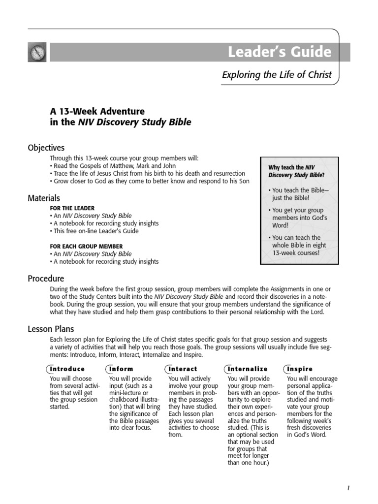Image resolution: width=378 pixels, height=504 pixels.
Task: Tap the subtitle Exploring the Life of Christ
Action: pos(277,75)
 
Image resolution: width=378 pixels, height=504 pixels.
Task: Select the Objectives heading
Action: pos(46,148)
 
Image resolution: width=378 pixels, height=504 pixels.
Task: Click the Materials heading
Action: pos(44,198)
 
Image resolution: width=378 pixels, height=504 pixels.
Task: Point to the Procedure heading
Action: pos(46,279)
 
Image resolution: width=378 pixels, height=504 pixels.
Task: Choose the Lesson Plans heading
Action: pos(51,329)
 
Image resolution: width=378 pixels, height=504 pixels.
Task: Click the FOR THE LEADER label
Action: pos(72,208)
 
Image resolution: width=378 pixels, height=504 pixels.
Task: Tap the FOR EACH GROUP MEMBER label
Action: pos(86,246)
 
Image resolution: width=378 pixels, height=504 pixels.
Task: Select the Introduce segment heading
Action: pos(67,369)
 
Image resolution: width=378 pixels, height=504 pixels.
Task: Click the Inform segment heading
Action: pos(121,369)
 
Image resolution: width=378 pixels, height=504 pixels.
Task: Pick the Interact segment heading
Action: pos(183,369)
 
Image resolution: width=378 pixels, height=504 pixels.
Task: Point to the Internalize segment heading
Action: pos(248,369)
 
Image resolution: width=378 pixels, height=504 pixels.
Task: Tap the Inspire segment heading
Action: pos(300,369)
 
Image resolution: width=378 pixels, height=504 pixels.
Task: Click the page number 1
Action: pos(348,488)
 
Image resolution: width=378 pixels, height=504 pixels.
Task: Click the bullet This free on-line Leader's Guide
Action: pos(94,231)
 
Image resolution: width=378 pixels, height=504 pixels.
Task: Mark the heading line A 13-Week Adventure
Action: pos(97,111)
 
